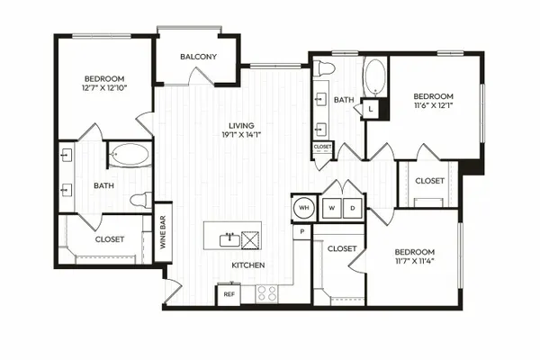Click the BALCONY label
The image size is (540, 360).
(x=198, y=57)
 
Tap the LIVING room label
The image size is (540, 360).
(x=242, y=126)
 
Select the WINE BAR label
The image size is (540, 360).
(x=163, y=232)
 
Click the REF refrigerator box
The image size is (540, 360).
(x=229, y=294)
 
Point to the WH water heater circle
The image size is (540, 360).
(x=304, y=208)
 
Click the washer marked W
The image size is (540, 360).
(x=332, y=208)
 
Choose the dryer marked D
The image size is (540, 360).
(x=353, y=208)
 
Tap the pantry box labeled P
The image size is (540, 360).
(x=302, y=232)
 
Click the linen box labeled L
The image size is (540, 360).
(x=371, y=109)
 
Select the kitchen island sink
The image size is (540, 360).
(x=230, y=240)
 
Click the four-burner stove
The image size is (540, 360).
(x=267, y=294)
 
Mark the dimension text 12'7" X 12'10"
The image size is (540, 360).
(x=104, y=88)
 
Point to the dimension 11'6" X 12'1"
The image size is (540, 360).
(x=433, y=105)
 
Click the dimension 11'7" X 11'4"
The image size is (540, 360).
(x=415, y=261)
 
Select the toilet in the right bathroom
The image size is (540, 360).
(x=324, y=67)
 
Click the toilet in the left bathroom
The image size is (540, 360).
(x=141, y=200)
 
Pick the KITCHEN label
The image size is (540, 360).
(x=248, y=265)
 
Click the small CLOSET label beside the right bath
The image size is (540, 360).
(x=323, y=147)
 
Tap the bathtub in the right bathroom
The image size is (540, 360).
(x=375, y=77)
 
